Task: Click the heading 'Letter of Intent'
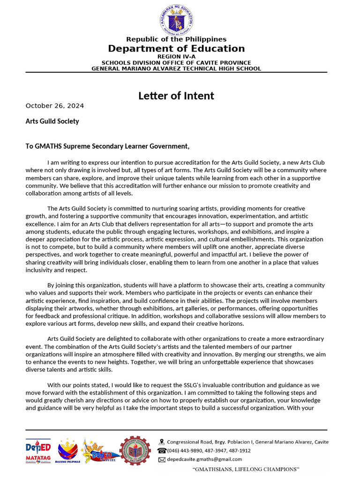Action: coord(176,96)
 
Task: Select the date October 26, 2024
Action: coord(55,105)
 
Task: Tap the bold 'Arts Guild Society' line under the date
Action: coord(52,121)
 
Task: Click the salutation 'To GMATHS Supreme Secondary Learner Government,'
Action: coord(107,146)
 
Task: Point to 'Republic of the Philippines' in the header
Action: coord(176,39)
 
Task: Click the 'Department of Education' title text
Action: coord(176,49)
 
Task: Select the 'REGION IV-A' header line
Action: coord(176,57)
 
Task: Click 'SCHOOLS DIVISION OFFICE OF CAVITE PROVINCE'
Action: coord(176,63)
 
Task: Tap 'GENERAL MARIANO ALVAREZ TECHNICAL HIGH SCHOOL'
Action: coord(176,68)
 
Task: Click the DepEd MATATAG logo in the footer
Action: coord(38,451)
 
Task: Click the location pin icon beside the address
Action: coord(162,442)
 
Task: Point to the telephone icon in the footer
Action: coord(162,450)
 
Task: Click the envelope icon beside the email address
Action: coord(162,459)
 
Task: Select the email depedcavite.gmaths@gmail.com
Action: coord(204,459)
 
